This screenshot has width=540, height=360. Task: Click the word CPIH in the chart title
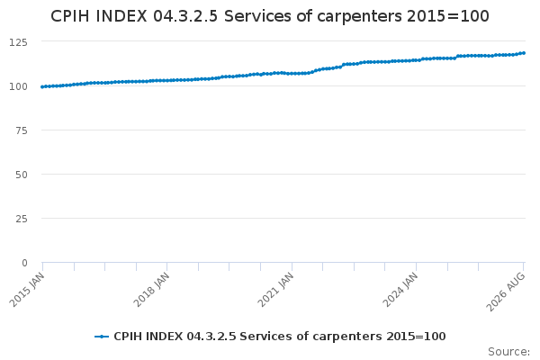(70, 16)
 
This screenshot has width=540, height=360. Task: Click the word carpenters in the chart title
(359, 17)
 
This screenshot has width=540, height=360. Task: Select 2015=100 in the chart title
(447, 16)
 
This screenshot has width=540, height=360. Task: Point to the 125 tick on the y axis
(18, 42)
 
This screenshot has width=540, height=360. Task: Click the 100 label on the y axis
(18, 86)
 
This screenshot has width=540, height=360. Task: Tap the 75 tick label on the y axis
(22, 130)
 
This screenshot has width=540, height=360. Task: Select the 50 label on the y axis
(22, 175)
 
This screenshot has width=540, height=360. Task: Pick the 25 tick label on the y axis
(22, 219)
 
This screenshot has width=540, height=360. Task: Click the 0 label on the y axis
(24, 263)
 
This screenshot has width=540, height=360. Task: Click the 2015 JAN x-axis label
(27, 290)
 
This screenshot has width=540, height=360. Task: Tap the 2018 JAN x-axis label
(151, 290)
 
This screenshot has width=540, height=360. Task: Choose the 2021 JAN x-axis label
(276, 290)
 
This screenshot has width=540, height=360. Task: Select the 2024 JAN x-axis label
(400, 290)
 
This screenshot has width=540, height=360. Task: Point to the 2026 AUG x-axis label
(506, 292)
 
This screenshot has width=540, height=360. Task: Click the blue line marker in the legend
(102, 337)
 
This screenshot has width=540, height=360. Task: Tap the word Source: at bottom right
(509, 352)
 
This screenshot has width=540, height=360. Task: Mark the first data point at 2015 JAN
(42, 86)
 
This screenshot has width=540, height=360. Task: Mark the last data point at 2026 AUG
(524, 53)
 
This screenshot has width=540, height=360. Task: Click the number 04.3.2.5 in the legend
(211, 337)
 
